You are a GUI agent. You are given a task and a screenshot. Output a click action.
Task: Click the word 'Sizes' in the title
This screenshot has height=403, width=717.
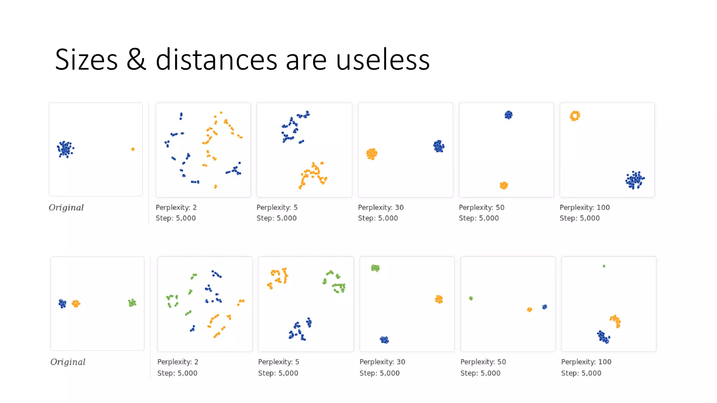click(x=86, y=60)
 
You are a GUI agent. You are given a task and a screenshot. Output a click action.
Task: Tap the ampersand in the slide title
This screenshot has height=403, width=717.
click(x=136, y=60)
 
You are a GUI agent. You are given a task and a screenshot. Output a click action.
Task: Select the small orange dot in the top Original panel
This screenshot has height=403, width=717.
click(x=133, y=149)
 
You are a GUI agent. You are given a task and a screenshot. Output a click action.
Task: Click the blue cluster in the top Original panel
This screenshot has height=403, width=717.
click(x=65, y=149)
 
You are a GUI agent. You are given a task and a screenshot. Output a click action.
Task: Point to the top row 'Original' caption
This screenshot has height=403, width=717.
click(x=66, y=207)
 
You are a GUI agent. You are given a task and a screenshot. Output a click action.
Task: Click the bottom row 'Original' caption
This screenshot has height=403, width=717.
click(x=68, y=362)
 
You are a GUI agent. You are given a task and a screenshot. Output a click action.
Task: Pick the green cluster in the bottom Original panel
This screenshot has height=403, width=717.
click(x=132, y=303)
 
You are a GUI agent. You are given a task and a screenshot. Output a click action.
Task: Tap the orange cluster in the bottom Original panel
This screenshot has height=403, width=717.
click(x=76, y=304)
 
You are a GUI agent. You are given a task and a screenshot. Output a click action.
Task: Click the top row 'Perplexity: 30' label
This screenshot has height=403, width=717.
click(x=381, y=207)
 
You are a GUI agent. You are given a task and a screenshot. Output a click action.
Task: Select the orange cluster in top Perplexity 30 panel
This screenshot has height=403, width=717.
click(x=372, y=154)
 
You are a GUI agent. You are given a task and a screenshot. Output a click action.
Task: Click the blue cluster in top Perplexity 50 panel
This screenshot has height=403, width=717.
click(x=508, y=115)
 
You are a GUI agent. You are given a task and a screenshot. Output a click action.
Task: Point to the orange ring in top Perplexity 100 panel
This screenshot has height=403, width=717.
click(x=575, y=116)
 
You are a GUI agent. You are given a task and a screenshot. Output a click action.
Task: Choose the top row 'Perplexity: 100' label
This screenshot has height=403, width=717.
click(x=584, y=207)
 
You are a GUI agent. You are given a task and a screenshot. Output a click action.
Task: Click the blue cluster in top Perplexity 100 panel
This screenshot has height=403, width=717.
click(x=635, y=180)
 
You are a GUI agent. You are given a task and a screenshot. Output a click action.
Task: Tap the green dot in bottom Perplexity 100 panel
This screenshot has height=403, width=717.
click(x=604, y=266)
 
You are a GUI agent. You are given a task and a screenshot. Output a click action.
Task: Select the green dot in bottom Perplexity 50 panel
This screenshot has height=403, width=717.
click(x=471, y=298)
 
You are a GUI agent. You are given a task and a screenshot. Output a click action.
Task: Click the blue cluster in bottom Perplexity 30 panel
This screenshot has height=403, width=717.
click(x=384, y=340)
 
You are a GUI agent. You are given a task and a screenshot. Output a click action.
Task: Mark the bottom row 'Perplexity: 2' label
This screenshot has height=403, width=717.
click(x=177, y=362)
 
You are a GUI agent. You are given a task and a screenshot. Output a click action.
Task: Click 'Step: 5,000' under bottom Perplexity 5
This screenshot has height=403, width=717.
click(x=278, y=373)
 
